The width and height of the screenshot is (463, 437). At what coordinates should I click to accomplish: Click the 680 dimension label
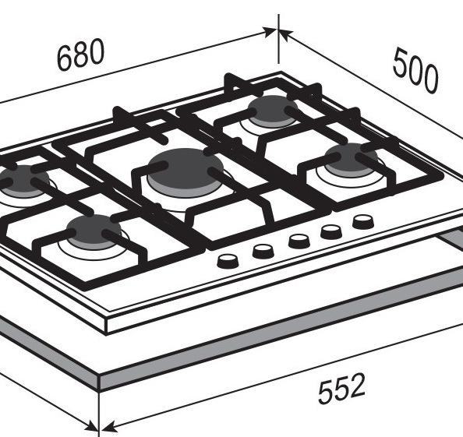point(80,55)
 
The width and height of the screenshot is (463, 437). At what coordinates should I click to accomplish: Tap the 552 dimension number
point(341,388)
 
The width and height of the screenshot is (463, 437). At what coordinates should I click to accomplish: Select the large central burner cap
point(186,172)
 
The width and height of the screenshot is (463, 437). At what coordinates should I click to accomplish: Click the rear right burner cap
point(272,111)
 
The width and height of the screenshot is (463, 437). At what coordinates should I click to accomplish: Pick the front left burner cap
point(94,232)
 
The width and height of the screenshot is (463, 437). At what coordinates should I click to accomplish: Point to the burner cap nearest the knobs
point(352,160)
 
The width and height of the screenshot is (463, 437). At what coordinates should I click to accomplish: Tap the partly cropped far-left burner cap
point(23,181)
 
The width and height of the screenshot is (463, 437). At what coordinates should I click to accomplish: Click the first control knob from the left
point(228,261)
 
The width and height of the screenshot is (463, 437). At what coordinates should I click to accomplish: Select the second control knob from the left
point(263,251)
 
